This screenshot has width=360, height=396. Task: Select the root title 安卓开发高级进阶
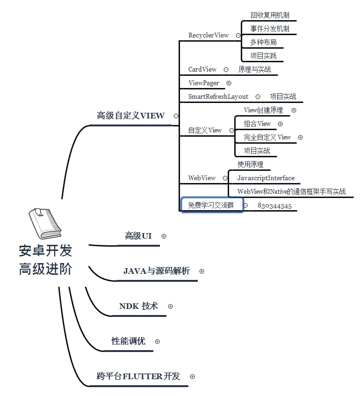(45, 260)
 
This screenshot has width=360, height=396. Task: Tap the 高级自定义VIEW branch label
(130, 116)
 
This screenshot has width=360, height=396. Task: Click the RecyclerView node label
(209, 35)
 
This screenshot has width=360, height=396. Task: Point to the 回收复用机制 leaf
(269, 15)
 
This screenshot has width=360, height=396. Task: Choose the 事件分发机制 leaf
(269, 29)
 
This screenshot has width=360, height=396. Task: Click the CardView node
(202, 69)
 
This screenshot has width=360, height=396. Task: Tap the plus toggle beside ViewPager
(229, 83)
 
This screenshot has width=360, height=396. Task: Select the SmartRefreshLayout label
(218, 96)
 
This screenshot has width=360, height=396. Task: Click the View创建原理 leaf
(263, 110)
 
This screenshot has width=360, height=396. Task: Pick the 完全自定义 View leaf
(267, 137)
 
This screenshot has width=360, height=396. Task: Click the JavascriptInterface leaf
(266, 178)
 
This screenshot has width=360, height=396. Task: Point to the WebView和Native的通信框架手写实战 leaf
(291, 191)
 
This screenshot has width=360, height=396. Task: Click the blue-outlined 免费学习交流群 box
(212, 205)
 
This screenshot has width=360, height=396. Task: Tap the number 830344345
(274, 206)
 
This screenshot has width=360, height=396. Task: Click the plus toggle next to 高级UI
(164, 236)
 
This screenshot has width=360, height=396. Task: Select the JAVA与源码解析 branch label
(157, 271)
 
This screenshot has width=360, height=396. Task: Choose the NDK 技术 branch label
(138, 306)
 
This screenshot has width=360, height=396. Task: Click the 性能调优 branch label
(128, 341)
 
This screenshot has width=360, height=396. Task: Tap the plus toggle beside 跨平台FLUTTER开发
(192, 376)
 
